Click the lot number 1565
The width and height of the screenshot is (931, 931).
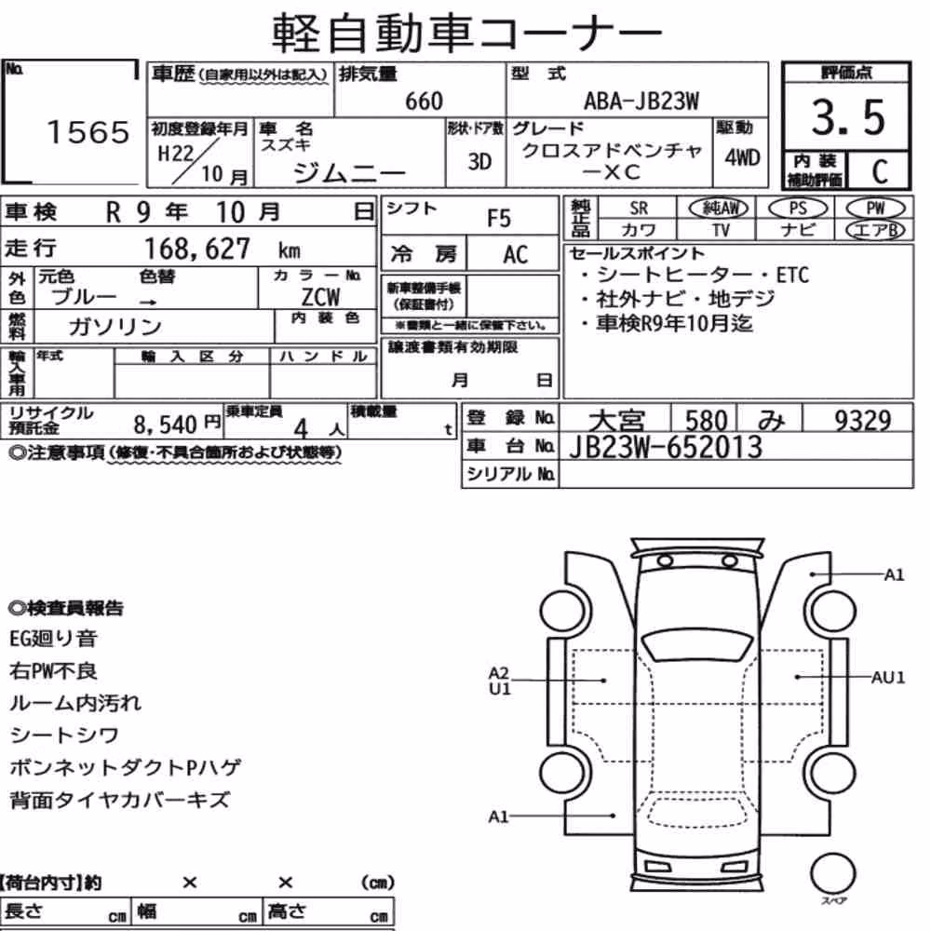pyautogui.click(x=88, y=132)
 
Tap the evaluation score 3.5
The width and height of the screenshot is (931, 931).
pyautogui.click(x=847, y=117)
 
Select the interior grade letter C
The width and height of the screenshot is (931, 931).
pyautogui.click(x=879, y=171)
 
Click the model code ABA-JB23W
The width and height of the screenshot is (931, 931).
pyautogui.click(x=641, y=101)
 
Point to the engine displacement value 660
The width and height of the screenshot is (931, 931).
pyautogui.click(x=424, y=101)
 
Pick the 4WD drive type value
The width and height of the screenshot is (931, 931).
pyautogui.click(x=742, y=157)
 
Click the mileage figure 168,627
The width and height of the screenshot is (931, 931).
pyautogui.click(x=197, y=249)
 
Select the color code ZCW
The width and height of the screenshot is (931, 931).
pyautogui.click(x=320, y=297)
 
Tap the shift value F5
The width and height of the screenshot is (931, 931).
pyautogui.click(x=499, y=219)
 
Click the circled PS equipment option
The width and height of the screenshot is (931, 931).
pyautogui.click(x=798, y=208)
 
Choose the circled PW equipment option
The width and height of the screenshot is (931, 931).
pyautogui.click(x=875, y=208)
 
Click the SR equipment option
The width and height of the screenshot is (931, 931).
pyautogui.click(x=639, y=209)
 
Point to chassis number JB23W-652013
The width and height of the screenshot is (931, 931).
pyautogui.click(x=666, y=447)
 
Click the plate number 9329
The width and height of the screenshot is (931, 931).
pyautogui.click(x=863, y=421)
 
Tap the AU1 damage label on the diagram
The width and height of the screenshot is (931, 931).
pyautogui.click(x=887, y=677)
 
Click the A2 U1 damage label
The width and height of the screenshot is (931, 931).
pyautogui.click(x=499, y=681)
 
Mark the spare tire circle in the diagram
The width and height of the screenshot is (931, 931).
pyautogui.click(x=832, y=873)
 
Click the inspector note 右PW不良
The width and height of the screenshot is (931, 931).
pyautogui.click(x=53, y=671)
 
